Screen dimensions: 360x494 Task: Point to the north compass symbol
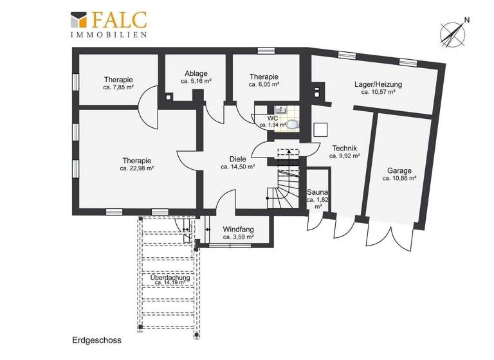point(452,31)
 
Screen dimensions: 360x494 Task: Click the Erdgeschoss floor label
point(96,340)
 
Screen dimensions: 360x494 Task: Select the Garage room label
point(399,171)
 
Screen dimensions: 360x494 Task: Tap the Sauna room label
point(317,192)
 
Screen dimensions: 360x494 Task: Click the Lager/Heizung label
point(378,84)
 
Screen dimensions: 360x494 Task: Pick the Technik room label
point(344,147)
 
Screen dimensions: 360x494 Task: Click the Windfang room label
point(238,230)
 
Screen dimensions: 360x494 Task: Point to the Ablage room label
point(196,74)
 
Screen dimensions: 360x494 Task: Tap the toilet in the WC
point(293,123)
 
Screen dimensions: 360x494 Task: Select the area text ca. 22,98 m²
point(136,169)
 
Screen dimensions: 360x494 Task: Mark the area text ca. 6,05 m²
point(264,84)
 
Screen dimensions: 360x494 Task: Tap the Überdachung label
point(171,277)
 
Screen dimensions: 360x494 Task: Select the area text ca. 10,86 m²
point(399,179)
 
